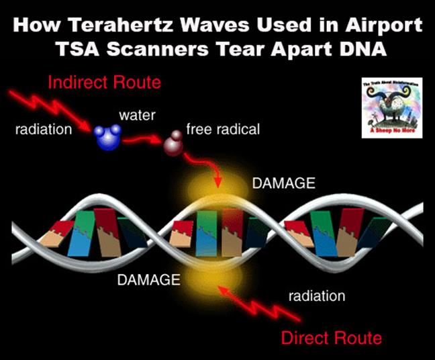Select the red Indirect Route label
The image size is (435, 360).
pyautogui.click(x=105, y=84)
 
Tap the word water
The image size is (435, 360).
pyautogui.click(x=138, y=116)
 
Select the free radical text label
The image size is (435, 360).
pyautogui.click(x=224, y=129)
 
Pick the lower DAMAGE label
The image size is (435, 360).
pyautogui.click(x=148, y=279)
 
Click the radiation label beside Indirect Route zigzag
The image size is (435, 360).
pyautogui.click(x=44, y=130)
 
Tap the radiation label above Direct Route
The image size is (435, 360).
pyautogui.click(x=317, y=296)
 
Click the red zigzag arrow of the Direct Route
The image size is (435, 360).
pyautogui.click(x=258, y=302)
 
